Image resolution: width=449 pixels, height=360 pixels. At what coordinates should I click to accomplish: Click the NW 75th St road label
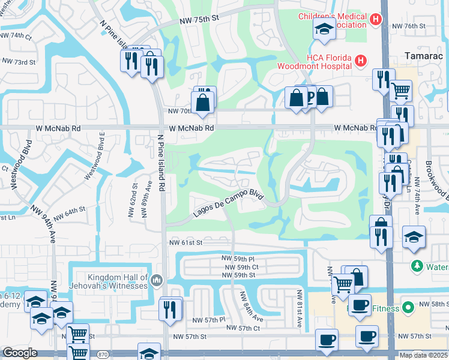(200, 20)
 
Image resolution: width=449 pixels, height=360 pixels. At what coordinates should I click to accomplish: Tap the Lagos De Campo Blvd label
(229, 205)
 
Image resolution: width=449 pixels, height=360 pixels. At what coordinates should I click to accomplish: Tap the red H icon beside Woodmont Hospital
(360, 61)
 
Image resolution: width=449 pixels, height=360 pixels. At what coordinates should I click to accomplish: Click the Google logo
(20, 353)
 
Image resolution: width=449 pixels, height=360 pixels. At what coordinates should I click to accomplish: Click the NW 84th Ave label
(251, 306)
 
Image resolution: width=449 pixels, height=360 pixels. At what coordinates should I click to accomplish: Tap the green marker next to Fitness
(408, 308)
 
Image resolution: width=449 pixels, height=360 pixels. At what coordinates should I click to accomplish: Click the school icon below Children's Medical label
(324, 29)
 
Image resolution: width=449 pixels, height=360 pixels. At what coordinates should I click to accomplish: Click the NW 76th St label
(408, 26)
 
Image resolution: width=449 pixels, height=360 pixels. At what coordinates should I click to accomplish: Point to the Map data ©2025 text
(424, 355)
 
